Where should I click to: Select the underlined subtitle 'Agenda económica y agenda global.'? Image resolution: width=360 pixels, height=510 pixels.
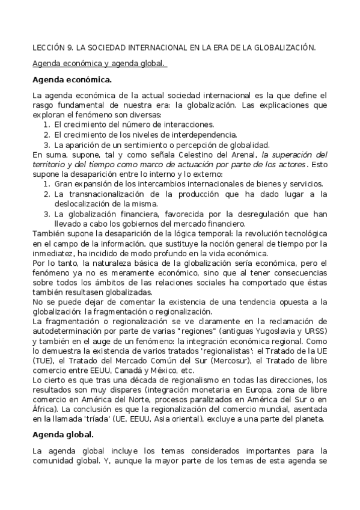99,63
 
